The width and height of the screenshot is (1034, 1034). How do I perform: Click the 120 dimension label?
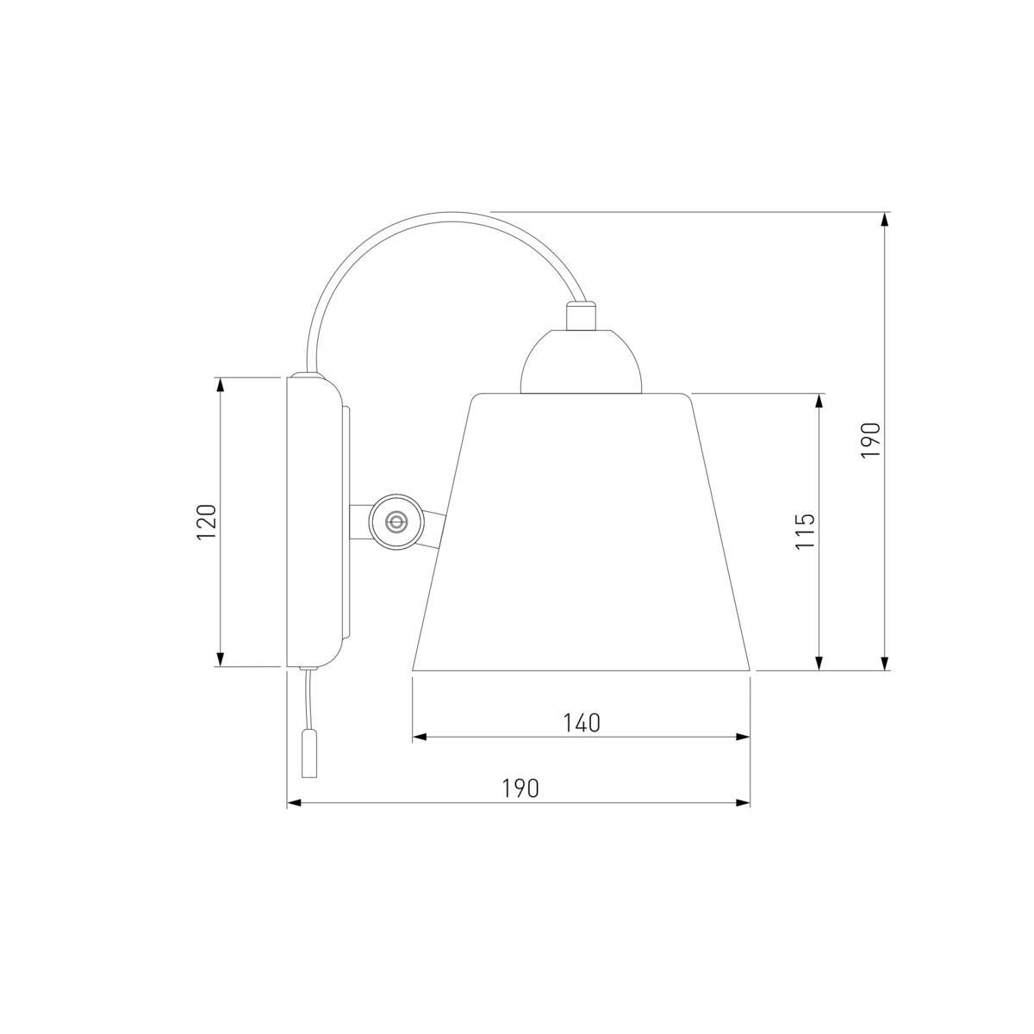[207, 521]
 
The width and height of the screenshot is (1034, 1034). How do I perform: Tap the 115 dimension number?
[805, 532]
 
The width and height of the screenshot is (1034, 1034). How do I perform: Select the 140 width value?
[581, 723]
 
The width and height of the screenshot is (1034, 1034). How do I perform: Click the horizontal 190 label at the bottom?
[520, 788]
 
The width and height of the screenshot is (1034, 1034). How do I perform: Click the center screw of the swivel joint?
[396, 520]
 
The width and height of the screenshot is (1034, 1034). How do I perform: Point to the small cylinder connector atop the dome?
[581, 315]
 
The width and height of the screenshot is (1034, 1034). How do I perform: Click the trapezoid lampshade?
[581, 533]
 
